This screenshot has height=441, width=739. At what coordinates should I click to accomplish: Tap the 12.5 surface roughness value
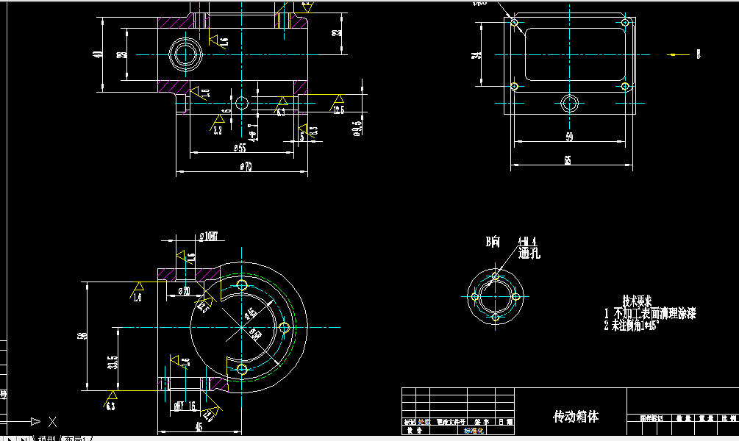tap(338, 110)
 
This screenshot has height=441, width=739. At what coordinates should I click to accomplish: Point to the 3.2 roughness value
tap(218, 131)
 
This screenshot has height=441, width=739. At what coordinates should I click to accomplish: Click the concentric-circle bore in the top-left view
tap(184, 54)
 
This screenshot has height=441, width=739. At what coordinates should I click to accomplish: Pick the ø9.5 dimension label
tap(357, 128)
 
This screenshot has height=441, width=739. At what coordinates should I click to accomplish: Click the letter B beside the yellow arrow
tap(699, 54)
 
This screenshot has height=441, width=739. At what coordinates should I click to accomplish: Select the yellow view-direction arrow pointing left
tap(675, 54)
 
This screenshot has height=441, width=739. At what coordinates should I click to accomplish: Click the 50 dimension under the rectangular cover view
tap(569, 137)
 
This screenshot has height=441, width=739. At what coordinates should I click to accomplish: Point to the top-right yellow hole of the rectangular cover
tap(624, 23)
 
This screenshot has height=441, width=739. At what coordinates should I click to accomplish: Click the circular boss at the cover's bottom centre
tap(569, 103)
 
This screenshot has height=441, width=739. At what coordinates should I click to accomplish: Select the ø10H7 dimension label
tap(213, 237)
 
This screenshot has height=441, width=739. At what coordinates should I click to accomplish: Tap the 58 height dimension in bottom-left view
tap(82, 336)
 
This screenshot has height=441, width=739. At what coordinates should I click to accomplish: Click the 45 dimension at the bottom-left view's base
tap(198, 426)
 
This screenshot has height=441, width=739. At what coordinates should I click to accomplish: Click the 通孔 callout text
tap(529, 254)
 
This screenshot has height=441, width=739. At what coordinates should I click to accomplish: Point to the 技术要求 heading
tap(637, 301)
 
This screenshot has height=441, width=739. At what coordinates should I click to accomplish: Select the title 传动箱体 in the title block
tap(576, 417)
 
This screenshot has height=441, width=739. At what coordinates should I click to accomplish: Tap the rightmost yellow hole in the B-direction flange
tap(516, 297)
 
